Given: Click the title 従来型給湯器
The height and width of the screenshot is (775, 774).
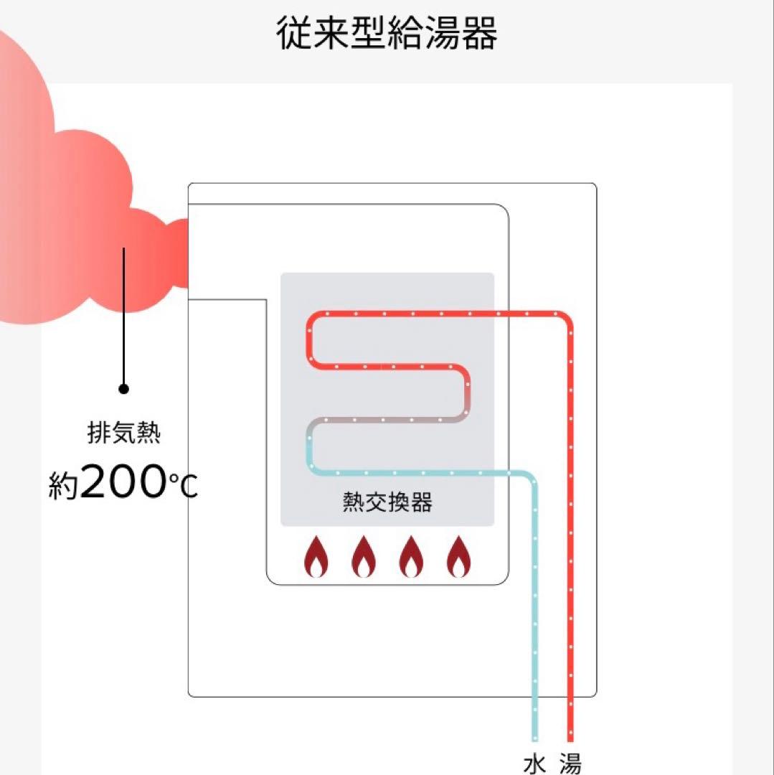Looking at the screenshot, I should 387,33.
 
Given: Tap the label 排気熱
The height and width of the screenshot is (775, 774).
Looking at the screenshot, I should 124,434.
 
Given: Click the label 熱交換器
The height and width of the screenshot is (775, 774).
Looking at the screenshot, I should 387,502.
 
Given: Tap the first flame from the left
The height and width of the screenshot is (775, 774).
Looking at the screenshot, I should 316,557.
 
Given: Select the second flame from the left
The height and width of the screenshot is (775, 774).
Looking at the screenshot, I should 364,557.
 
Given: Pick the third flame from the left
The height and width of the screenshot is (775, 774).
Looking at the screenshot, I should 411,557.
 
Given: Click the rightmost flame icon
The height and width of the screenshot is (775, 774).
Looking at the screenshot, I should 458,557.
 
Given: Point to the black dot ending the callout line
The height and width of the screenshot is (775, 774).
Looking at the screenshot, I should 123,389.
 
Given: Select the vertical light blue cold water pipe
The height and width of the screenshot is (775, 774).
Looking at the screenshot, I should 534,610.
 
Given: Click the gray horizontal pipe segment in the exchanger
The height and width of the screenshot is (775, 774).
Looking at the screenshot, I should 387,420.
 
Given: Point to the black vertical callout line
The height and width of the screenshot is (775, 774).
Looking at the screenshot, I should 123,316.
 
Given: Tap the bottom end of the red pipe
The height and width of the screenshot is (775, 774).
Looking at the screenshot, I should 570,737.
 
